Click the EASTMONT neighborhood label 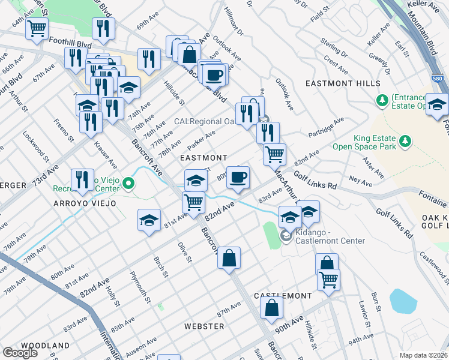tap(204, 157)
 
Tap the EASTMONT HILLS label tap(342, 83)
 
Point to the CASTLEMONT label tap(283, 296)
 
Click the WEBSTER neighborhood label tap(204, 326)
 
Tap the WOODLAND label tap(46, 346)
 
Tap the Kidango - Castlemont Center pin tap(286, 238)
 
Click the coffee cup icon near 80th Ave tap(238, 177)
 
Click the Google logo tap(20, 353)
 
